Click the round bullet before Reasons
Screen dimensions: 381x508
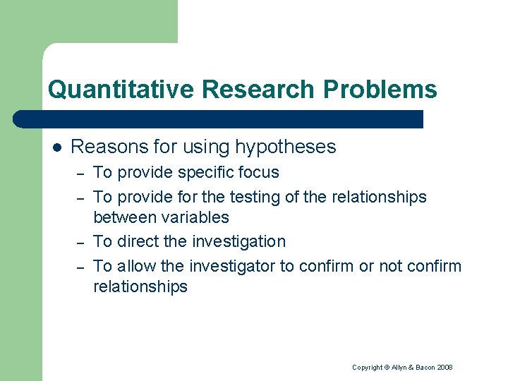56,147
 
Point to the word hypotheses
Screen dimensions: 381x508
286,147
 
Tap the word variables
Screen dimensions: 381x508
195,218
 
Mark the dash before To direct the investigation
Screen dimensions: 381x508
81,243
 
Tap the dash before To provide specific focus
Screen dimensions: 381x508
81,174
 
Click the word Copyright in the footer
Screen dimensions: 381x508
367,368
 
